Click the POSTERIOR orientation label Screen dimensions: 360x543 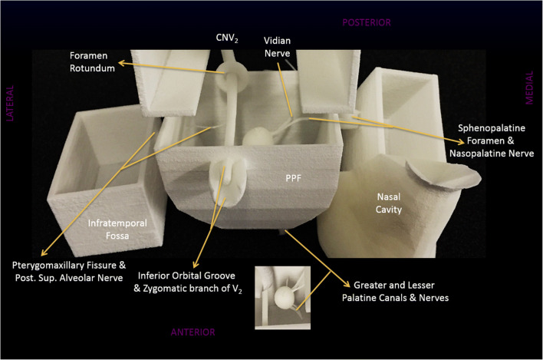(366, 23)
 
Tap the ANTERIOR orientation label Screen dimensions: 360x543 (192, 332)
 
